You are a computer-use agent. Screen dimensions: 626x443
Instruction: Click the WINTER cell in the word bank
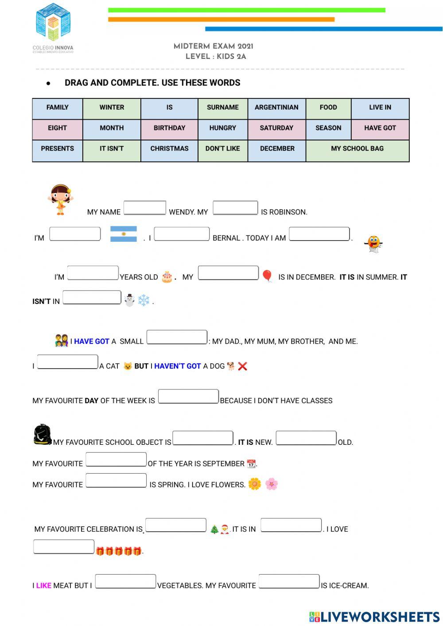(x=112, y=108)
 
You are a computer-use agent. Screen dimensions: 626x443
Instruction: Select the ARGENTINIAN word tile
(x=276, y=108)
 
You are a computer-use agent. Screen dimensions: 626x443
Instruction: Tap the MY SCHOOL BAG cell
(x=357, y=149)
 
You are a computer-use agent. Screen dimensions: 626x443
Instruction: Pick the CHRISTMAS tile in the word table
(x=169, y=149)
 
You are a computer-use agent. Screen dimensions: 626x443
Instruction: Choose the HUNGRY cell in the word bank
(x=222, y=128)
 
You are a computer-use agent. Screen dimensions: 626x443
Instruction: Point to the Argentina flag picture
(x=124, y=234)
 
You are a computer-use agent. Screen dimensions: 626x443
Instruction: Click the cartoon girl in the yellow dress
(x=60, y=199)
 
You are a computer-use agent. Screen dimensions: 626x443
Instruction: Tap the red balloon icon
(x=267, y=276)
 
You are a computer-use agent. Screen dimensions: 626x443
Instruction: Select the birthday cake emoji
(x=167, y=277)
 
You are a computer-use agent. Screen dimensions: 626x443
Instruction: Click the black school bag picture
(x=43, y=435)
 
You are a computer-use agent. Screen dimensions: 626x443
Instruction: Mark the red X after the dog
(x=242, y=366)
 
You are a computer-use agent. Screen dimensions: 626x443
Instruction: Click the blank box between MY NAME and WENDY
(x=145, y=208)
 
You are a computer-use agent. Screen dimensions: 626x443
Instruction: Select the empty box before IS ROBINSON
(x=235, y=208)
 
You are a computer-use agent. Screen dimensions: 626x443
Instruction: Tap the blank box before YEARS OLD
(x=93, y=273)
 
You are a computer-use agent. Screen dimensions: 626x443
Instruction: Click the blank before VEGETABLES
(x=125, y=581)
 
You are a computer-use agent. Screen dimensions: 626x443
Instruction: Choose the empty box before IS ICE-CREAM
(x=289, y=581)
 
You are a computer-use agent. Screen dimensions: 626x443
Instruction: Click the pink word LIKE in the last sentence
(x=43, y=586)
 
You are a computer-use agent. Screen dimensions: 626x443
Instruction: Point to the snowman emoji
(x=129, y=300)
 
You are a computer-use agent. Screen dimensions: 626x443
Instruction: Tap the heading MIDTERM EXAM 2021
(x=214, y=47)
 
